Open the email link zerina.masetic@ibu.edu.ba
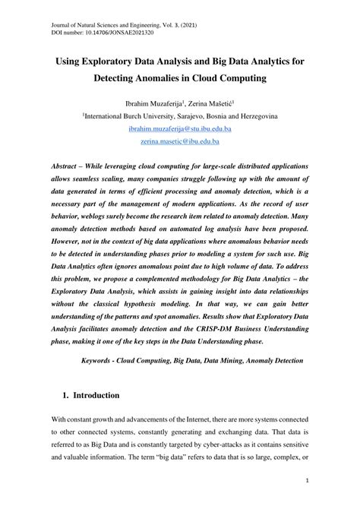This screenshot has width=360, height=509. tap(179, 143)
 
